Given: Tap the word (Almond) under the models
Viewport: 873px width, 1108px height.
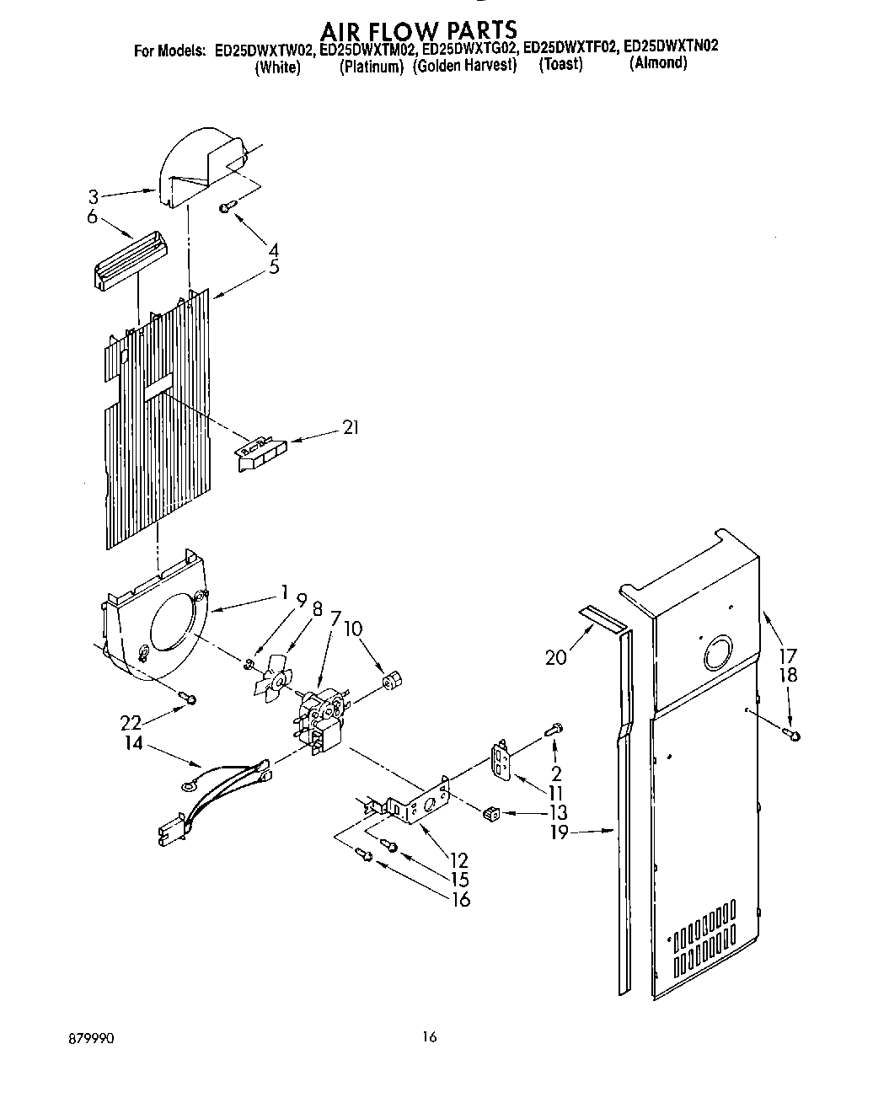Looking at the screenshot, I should coord(658,64).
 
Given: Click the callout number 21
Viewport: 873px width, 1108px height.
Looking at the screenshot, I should coord(350,428).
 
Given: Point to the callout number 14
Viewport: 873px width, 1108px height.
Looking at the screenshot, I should coord(133,743).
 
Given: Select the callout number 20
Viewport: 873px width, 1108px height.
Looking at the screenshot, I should coord(556,656).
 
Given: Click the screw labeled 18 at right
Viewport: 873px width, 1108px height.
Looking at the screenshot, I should coord(793,735).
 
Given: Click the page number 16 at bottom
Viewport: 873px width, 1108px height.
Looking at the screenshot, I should coord(430,1037).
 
